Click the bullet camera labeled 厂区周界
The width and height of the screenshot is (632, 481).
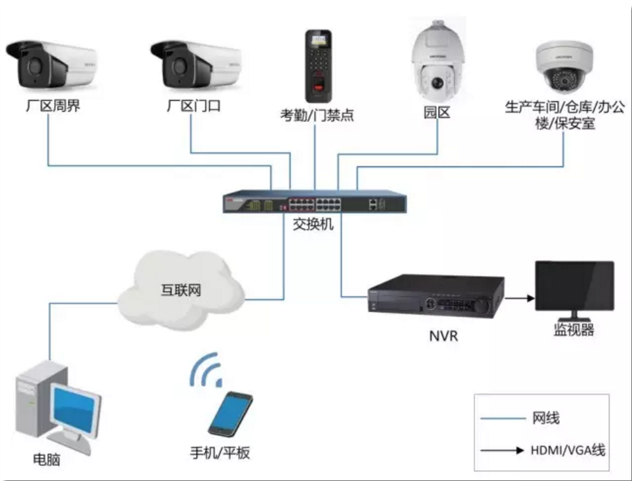pyautogui.click(x=51, y=66)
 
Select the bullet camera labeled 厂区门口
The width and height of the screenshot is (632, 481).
pyautogui.click(x=196, y=66)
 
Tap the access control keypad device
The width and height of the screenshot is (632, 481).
pyautogui.click(x=318, y=65)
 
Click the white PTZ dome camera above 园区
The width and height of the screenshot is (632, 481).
pyautogui.click(x=437, y=63)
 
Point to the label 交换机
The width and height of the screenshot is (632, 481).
pyautogui.click(x=312, y=225)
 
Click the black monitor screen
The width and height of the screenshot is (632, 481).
pyautogui.click(x=574, y=286)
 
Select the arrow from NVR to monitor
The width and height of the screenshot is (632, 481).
pyautogui.click(x=519, y=296)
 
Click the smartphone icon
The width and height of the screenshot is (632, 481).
pyautogui.click(x=230, y=414)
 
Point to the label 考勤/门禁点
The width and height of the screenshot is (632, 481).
pyautogui.click(x=317, y=115)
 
